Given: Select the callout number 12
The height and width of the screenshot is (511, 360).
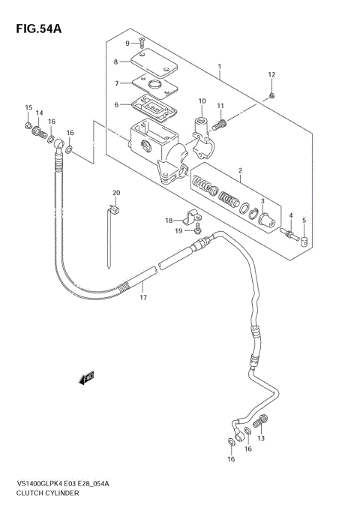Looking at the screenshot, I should [x=271, y=74].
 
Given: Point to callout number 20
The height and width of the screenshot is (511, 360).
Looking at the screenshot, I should [x=116, y=194].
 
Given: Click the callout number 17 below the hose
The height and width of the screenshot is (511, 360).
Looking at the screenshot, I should [x=141, y=298].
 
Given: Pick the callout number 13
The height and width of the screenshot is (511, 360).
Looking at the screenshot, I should [x=261, y=439].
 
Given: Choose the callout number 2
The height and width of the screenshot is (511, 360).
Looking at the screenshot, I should [x=239, y=172].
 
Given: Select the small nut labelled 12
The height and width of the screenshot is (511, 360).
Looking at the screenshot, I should [x=271, y=95].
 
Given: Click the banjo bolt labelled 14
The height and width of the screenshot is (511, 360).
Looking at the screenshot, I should [x=34, y=134].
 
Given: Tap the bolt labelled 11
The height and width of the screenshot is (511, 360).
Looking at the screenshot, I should [x=221, y=122].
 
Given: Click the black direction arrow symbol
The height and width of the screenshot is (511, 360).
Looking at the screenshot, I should [x=87, y=377].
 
